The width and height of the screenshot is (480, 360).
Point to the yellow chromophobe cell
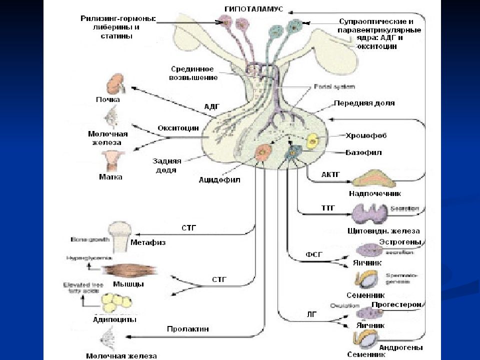[313, 141]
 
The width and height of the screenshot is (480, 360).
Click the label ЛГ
[311, 313]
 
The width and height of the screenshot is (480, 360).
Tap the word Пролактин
[187, 329]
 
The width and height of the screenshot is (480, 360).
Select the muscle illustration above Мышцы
[122, 270]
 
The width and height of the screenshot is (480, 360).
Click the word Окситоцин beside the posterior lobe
[178, 128]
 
